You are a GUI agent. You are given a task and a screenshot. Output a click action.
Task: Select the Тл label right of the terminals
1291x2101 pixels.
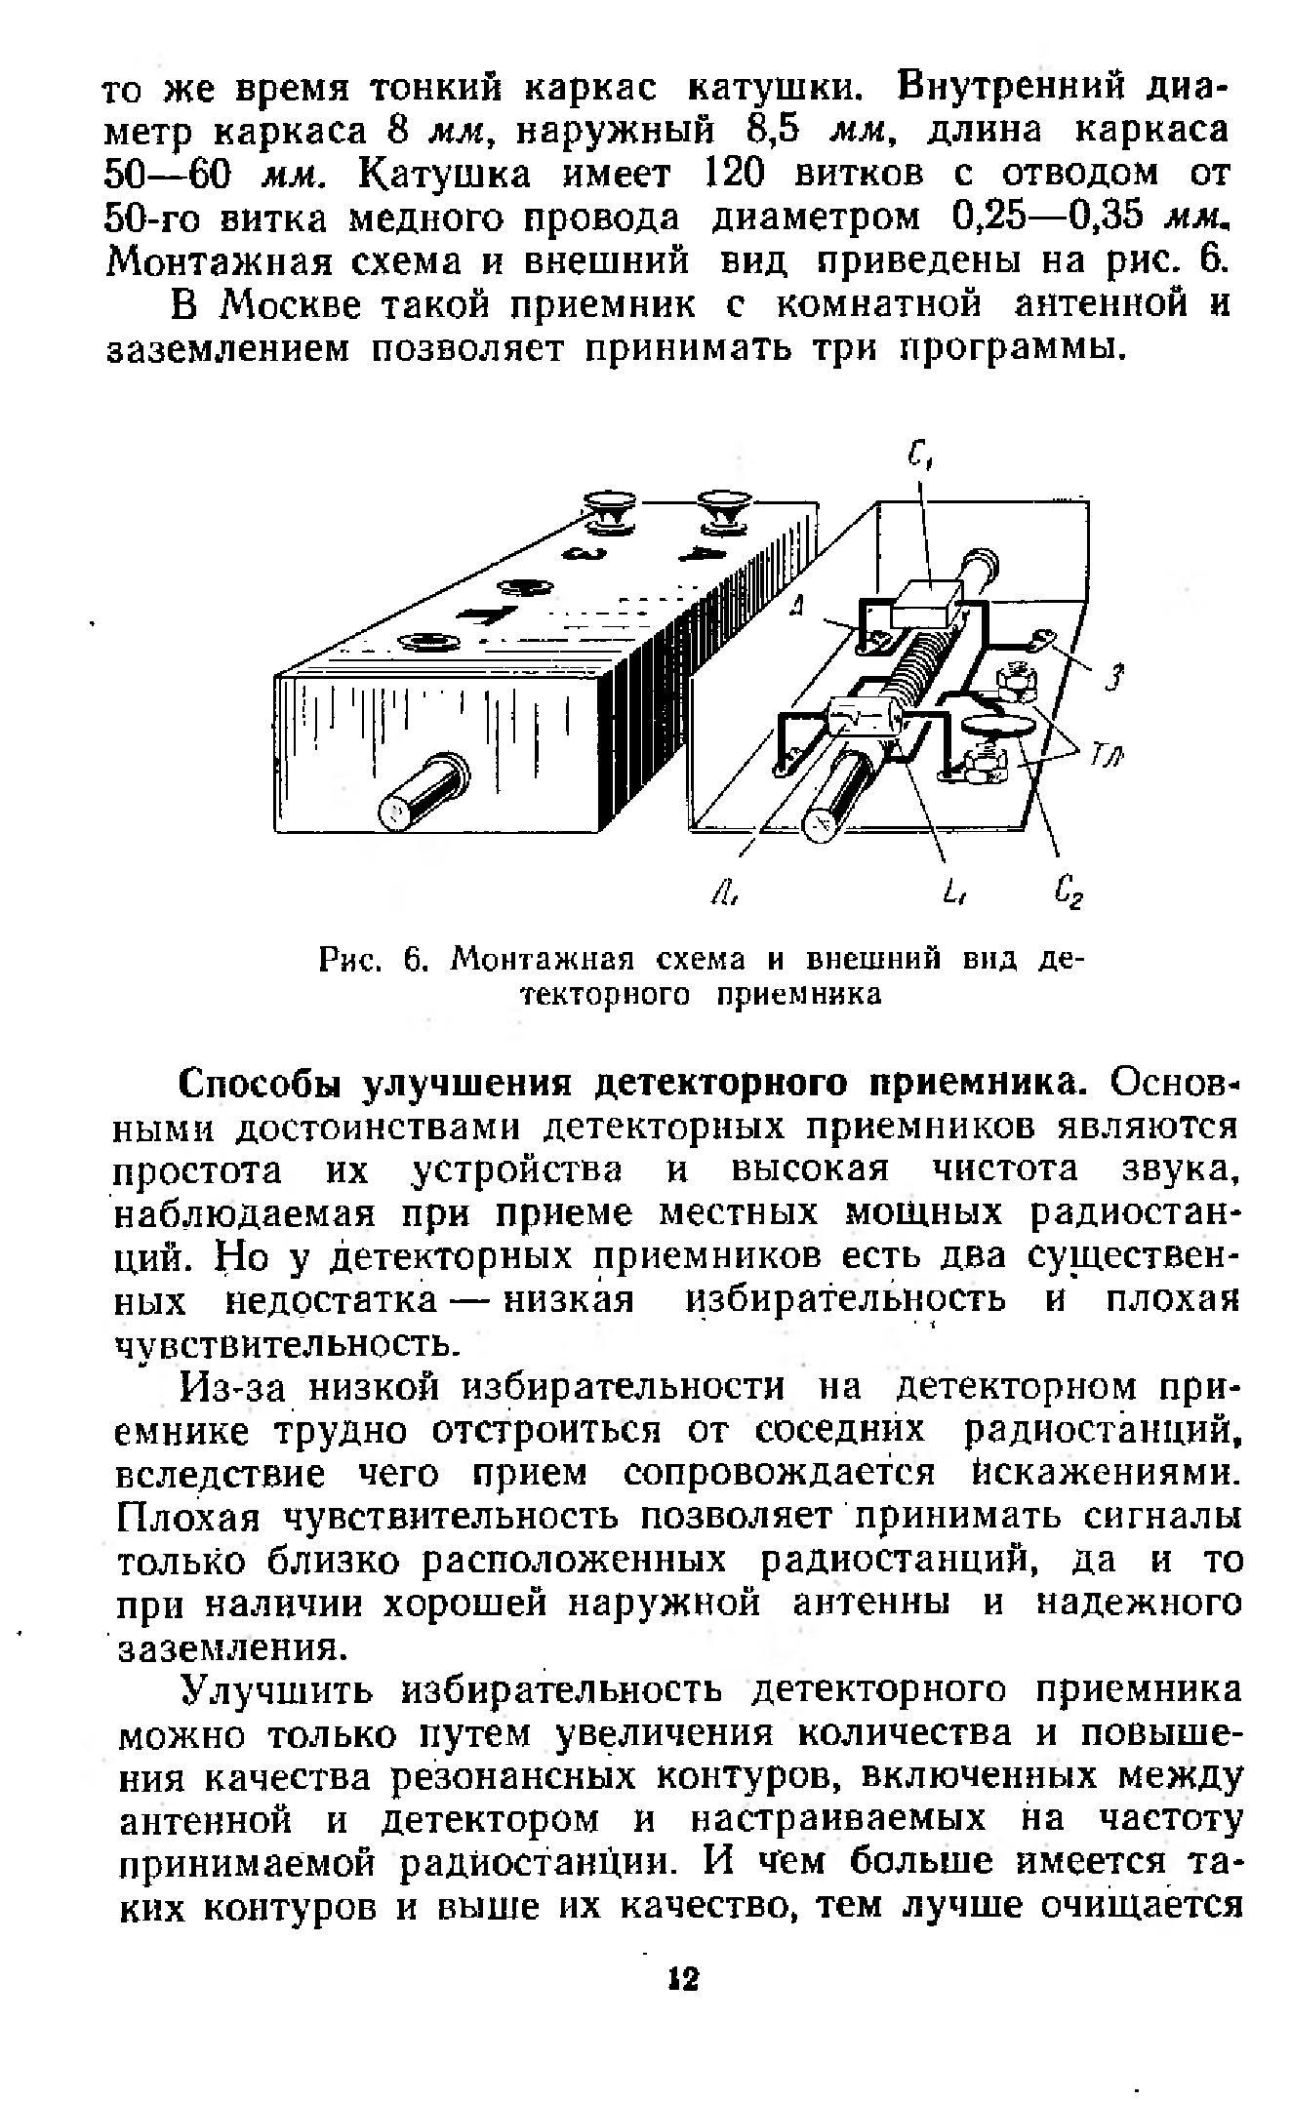point(1106,752)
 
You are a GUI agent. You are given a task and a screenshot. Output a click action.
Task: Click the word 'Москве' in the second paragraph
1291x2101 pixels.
point(287,305)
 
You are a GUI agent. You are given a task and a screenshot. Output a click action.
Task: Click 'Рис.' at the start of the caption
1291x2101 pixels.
point(352,961)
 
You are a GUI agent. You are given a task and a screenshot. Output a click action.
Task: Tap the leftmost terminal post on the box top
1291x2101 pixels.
point(424,642)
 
